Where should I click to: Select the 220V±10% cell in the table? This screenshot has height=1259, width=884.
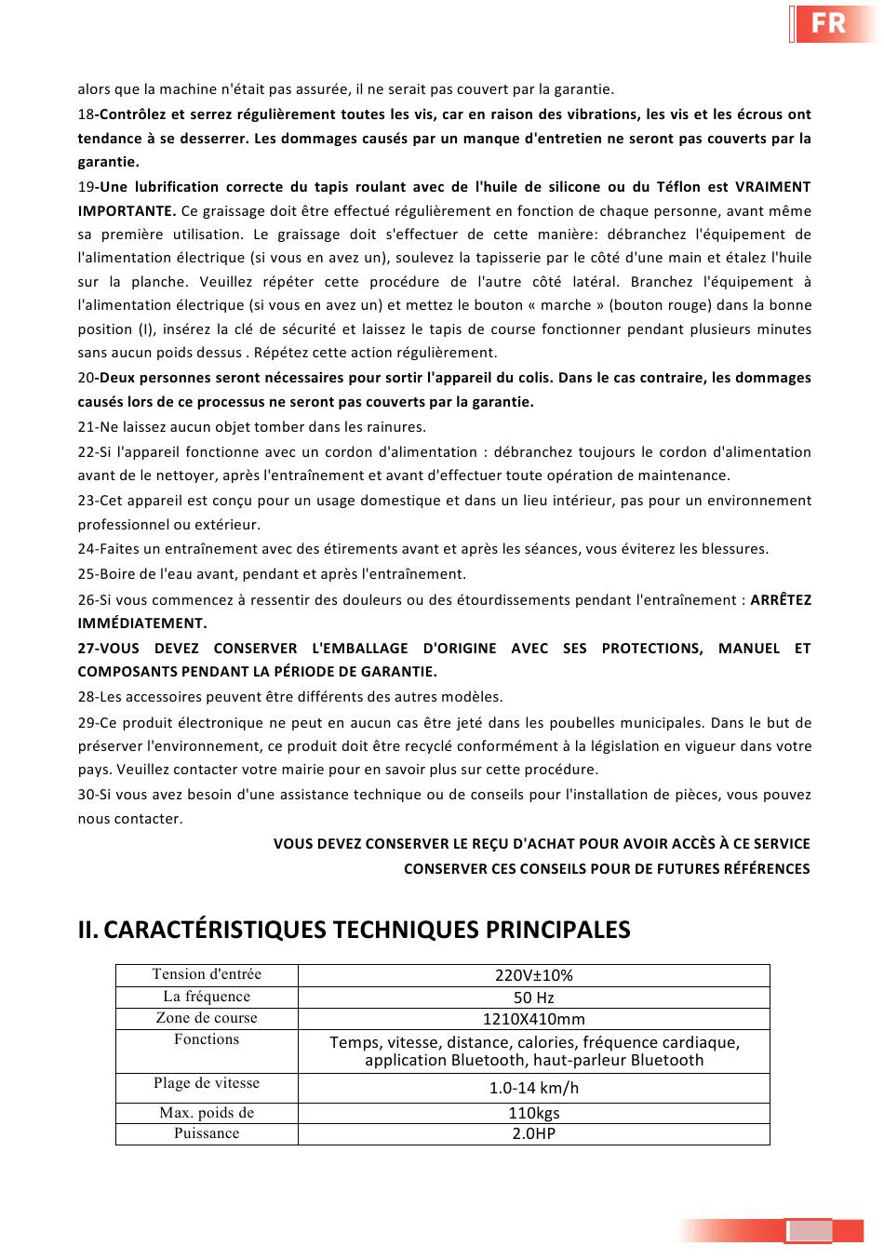533,975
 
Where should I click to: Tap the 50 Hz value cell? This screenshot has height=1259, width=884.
533,998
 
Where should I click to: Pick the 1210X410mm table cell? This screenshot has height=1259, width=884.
533,1019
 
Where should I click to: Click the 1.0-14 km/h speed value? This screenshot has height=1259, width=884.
533,1088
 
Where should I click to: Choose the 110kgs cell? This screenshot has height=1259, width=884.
533,1113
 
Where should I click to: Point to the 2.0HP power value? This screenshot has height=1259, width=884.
533,1133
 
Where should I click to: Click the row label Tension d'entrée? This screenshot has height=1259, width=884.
207,974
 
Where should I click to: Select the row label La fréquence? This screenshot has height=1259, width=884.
207,997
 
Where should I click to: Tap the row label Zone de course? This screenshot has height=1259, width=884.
207,1018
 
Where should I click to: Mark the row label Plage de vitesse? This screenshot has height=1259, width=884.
207,1083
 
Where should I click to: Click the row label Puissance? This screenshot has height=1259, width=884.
207,1133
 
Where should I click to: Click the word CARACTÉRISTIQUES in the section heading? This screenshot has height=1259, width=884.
215,930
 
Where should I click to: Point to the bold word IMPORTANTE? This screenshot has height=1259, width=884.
126,210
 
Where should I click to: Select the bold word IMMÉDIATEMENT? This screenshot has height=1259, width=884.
142,623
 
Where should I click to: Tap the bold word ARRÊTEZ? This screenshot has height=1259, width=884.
781,600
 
